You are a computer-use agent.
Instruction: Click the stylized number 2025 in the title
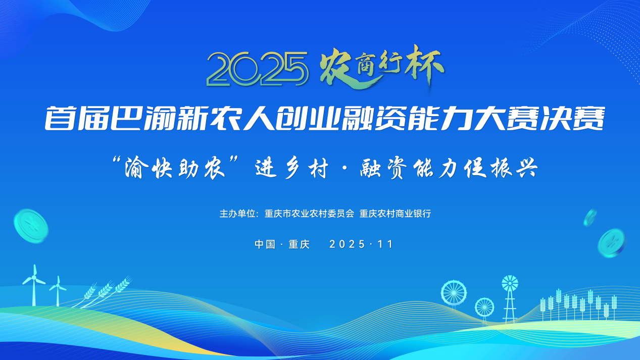[x=258, y=69]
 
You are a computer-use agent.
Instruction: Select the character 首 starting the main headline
[x=60, y=118]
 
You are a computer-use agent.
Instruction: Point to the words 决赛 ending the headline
[x=571, y=118]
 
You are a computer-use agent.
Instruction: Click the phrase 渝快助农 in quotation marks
[x=175, y=167]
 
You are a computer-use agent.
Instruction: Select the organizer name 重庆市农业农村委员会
[x=309, y=214]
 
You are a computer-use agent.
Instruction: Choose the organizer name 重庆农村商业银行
[x=395, y=214]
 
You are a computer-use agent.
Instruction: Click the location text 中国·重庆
[x=282, y=244]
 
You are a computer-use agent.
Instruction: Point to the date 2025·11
[x=361, y=244]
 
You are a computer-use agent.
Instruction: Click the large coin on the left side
[x=31, y=226]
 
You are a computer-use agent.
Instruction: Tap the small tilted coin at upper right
[x=590, y=218]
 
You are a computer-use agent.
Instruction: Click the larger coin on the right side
[x=611, y=243]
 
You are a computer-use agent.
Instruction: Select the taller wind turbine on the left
[x=34, y=285]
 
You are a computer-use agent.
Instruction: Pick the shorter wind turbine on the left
[x=58, y=291]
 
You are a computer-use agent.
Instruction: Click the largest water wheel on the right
[x=454, y=293]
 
